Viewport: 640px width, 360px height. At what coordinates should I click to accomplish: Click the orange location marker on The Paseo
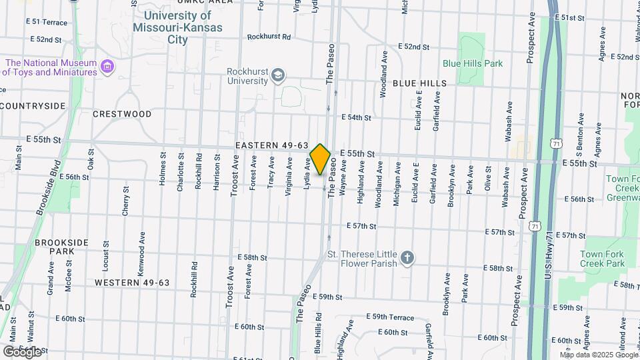[321, 159]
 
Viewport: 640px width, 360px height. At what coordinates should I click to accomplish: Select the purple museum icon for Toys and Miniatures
[106, 67]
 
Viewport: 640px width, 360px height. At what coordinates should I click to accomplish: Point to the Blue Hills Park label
[473, 63]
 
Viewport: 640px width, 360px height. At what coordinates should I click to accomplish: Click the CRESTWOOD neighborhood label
[122, 114]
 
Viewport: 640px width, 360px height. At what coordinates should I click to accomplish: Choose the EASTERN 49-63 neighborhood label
[271, 145]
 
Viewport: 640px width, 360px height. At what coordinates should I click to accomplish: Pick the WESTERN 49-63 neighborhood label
[132, 283]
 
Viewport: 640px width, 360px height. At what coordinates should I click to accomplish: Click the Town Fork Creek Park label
[601, 259]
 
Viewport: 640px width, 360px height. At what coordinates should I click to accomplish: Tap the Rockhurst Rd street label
[269, 37]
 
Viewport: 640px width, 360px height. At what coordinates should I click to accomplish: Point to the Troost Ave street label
[233, 176]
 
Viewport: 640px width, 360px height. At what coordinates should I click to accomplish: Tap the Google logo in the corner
[22, 352]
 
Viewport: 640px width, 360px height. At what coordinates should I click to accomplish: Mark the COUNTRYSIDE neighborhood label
[33, 105]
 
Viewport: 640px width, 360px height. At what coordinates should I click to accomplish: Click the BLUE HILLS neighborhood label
[419, 83]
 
